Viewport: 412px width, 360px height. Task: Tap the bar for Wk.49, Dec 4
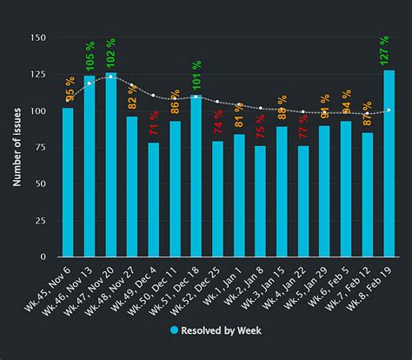point(153,200)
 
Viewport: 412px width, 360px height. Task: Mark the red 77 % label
point(303,126)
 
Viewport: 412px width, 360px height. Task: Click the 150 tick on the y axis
point(37,38)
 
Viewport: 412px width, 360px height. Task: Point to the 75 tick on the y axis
point(40,184)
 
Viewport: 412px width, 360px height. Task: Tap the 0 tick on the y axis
point(43,257)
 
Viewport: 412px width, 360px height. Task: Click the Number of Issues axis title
point(17,148)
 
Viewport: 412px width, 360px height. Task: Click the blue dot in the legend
point(174,330)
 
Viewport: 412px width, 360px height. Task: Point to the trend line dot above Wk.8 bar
point(389,110)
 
